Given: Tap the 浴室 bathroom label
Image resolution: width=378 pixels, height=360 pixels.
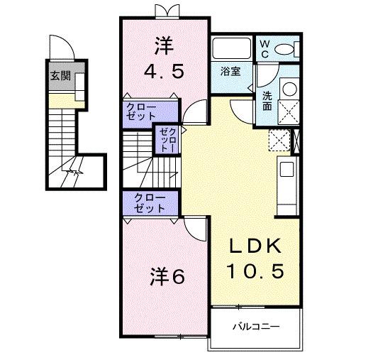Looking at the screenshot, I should pos(230,71).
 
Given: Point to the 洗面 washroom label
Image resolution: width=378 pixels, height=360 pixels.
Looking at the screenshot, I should pos(267,101).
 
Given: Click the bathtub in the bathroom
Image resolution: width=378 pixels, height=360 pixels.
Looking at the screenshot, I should pos(230,49).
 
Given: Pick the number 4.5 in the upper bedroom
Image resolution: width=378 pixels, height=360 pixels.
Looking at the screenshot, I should pos(165,72).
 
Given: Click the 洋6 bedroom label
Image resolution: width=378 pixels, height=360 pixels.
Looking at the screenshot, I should pos(167,276).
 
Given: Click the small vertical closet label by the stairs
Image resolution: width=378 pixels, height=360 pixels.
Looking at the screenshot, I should pos(166,140).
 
